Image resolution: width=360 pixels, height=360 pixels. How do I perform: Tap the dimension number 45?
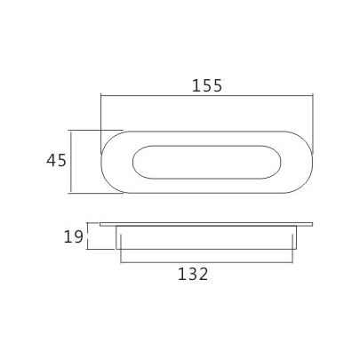(56, 161)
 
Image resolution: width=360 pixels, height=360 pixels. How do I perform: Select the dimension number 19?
(73, 236)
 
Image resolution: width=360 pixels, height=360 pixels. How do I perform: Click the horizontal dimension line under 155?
(206, 95)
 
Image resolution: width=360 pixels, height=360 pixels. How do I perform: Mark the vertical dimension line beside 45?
(72, 161)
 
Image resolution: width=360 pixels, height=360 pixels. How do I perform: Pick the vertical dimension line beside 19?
(88, 236)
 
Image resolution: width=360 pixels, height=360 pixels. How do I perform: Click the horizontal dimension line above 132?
(206, 261)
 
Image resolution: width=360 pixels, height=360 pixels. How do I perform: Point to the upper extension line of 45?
(89, 130)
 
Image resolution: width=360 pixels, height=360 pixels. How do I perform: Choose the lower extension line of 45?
(89, 193)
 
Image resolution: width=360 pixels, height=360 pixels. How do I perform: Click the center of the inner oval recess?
(206, 162)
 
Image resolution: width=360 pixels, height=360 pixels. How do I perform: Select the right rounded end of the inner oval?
(279, 162)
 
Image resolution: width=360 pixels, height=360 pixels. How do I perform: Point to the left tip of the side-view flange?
(102, 224)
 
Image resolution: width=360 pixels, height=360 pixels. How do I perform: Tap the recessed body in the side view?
(206, 237)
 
